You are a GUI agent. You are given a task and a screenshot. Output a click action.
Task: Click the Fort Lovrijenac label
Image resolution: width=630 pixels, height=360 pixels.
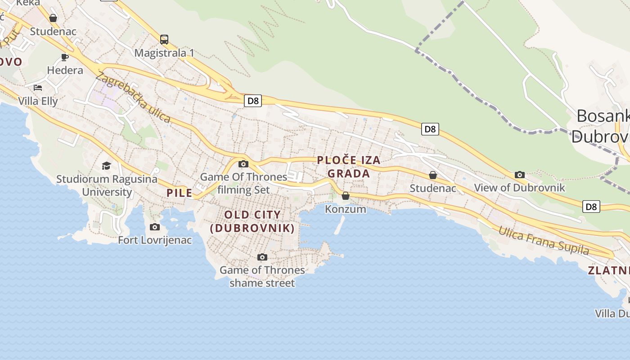(x=155, y=240)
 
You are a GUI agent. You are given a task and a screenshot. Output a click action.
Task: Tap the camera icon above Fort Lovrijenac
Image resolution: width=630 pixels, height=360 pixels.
(x=155, y=227)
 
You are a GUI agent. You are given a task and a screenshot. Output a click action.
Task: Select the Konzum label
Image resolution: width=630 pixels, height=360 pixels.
(x=346, y=209)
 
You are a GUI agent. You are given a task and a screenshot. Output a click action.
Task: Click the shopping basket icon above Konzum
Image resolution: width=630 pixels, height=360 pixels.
(x=346, y=196)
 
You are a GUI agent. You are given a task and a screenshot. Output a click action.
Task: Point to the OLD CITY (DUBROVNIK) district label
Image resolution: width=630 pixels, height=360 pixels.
(x=252, y=221)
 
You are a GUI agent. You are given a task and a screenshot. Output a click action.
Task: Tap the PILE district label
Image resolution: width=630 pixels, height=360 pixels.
(x=180, y=193)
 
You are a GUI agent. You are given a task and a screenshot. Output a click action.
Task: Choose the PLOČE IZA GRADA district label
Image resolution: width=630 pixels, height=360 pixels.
(x=349, y=166)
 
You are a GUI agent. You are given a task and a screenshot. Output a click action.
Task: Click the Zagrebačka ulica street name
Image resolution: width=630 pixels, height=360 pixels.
(x=133, y=97)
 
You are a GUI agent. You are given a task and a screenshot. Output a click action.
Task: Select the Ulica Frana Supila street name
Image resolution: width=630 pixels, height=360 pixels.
(x=543, y=241)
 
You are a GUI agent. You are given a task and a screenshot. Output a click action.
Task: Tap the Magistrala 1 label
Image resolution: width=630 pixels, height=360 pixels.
(x=164, y=53)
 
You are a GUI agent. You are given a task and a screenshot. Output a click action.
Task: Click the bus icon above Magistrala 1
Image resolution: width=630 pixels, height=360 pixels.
(x=164, y=40)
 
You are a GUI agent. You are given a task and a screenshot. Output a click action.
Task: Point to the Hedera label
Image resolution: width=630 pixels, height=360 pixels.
(x=65, y=70)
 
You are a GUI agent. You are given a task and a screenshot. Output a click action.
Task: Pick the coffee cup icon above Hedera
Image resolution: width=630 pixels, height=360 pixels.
(x=65, y=57)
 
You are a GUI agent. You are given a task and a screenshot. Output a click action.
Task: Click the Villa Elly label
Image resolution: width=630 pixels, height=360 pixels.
(x=38, y=101)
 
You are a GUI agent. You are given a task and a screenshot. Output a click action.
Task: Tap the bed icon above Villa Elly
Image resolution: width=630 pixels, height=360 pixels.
(x=38, y=87)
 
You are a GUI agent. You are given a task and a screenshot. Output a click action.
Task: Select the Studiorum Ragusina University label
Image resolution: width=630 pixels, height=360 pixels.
(x=107, y=185)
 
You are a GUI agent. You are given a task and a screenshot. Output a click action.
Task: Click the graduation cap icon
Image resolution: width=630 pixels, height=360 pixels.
(x=106, y=166)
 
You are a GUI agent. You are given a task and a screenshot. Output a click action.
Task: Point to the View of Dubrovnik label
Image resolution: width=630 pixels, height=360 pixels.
(x=520, y=188)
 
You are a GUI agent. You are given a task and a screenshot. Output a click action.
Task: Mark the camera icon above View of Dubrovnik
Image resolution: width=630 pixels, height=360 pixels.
(x=520, y=175)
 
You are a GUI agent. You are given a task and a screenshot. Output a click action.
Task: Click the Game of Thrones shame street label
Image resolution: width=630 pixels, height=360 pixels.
(x=262, y=276)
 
